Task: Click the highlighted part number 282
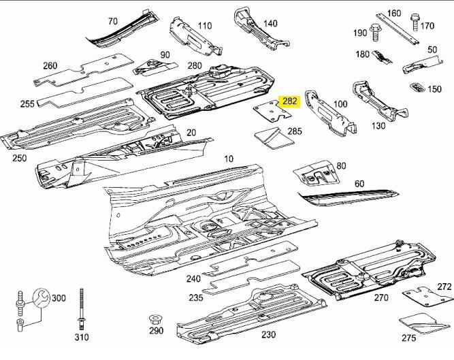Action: point(289,101)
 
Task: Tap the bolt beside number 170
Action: point(415,21)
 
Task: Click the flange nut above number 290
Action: point(155,321)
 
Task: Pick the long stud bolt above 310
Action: point(82,309)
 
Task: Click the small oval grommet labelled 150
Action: point(417,88)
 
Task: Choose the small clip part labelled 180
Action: point(383,56)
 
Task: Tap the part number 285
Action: point(295,131)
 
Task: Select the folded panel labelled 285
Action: point(274,137)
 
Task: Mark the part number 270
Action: point(380,297)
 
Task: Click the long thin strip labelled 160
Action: point(398,29)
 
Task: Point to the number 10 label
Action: point(229,159)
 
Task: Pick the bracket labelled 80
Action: point(317,174)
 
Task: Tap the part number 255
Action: point(27,104)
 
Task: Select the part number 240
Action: point(193,279)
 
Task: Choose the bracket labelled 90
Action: point(155,67)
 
